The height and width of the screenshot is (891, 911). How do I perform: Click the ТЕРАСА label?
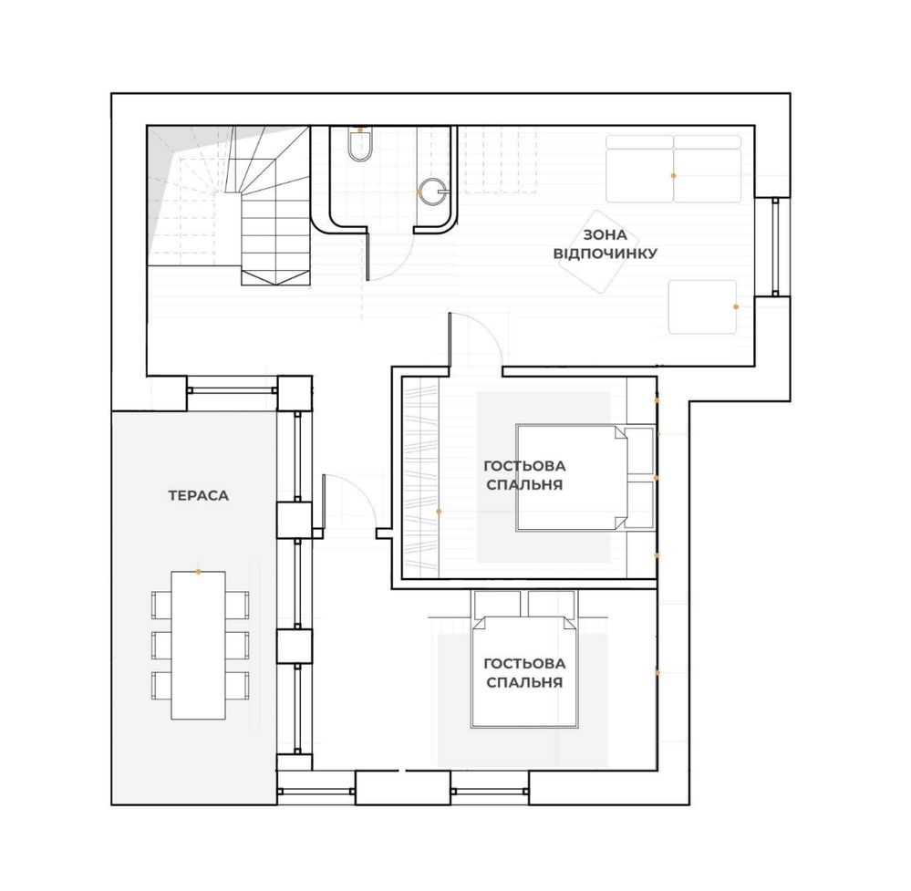[199, 496]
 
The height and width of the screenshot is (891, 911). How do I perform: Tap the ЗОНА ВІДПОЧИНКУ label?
[606, 244]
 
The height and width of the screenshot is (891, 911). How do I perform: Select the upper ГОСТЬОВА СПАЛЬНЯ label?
[524, 475]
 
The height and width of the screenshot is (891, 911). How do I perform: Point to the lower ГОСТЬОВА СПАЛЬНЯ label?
[524, 672]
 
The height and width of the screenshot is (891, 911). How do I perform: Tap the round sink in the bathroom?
[433, 192]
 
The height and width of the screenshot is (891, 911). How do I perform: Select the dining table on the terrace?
[198, 645]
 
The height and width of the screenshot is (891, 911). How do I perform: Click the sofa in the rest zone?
[673, 169]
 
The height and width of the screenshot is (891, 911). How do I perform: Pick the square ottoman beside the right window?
[702, 307]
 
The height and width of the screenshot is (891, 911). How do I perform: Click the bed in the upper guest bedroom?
[585, 477]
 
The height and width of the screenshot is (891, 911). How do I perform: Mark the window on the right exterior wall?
[774, 247]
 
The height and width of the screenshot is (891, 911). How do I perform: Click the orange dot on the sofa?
[673, 175]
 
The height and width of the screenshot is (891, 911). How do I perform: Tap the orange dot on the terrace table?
[198, 572]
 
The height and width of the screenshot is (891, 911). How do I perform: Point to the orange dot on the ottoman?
[736, 306]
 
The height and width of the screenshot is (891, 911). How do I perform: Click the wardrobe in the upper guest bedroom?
[420, 477]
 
